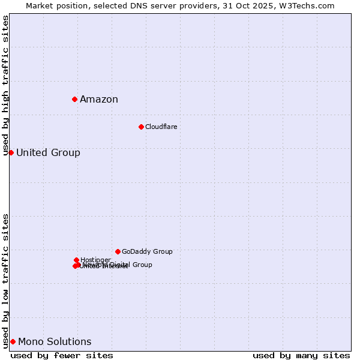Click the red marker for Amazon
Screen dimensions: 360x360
tap(74, 99)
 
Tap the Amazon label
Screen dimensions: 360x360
tap(99, 100)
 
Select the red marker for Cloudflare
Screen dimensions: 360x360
tap(141, 127)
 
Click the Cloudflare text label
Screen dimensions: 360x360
tap(161, 127)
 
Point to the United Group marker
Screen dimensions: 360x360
tap(11, 152)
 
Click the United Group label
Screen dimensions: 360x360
tap(48, 153)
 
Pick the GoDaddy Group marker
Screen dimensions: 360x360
tap(118, 251)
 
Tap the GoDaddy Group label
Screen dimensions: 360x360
tap(147, 252)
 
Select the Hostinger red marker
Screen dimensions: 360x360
tap(76, 260)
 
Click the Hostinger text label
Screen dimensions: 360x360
tap(95, 260)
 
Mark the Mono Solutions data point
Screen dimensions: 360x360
tap(13, 341)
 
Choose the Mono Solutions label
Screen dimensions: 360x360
tap(55, 342)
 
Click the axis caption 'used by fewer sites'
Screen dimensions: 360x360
tap(62, 356)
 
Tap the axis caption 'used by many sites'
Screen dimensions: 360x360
tap(301, 356)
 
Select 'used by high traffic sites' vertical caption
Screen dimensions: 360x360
tap(6, 86)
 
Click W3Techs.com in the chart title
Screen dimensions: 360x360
tap(308, 5)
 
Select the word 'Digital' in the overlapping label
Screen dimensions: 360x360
tap(119, 265)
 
